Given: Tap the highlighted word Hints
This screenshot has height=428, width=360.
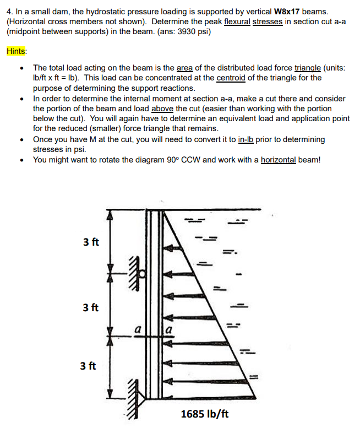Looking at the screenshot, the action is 17,51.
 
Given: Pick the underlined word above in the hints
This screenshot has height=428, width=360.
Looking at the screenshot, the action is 162,109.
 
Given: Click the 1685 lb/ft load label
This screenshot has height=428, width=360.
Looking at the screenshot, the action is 205,413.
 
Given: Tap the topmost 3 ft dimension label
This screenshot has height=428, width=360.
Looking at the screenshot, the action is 91,242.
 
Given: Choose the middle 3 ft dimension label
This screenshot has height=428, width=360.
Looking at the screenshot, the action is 91,307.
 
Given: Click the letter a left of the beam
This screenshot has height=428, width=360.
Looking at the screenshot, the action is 138,330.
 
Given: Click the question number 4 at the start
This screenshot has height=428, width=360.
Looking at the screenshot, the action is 9,11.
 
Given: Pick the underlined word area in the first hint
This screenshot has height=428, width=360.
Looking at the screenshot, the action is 184,68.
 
